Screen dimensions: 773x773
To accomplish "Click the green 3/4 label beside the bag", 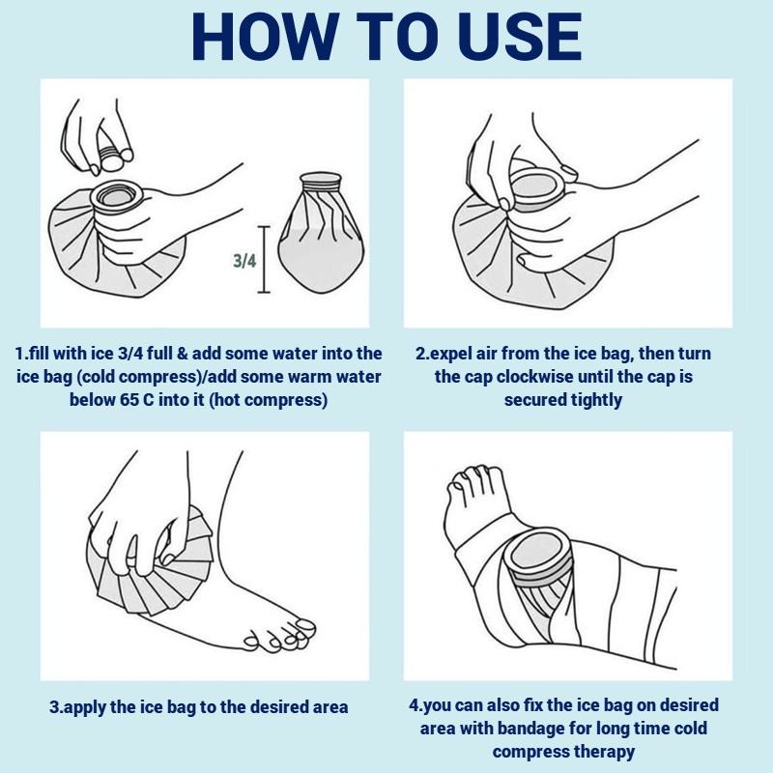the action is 244,260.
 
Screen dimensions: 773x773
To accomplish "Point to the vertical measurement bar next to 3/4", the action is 264,259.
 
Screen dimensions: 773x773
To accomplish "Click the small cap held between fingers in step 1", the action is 112,157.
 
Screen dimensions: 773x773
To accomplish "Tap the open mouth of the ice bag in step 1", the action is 116,196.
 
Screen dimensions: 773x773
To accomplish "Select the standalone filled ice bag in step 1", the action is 321,233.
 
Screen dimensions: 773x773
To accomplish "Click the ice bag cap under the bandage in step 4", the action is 538,555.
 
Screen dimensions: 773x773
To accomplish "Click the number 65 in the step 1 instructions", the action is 129,399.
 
